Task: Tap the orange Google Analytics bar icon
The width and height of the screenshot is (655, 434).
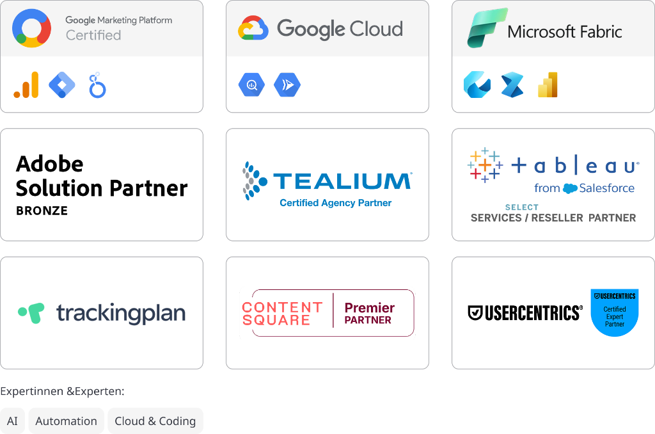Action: click(x=26, y=85)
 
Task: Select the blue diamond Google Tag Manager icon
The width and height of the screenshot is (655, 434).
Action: click(x=62, y=85)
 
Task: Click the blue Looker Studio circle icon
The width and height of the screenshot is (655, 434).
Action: click(x=97, y=85)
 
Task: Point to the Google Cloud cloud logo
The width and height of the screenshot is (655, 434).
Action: click(x=253, y=29)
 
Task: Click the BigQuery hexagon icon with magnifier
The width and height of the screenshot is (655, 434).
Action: click(x=251, y=85)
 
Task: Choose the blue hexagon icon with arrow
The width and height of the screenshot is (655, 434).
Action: click(x=287, y=85)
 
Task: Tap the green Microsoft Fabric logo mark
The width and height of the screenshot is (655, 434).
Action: click(x=487, y=28)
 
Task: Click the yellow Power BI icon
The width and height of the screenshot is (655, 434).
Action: click(x=548, y=84)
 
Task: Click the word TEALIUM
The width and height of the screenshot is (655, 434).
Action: click(x=342, y=181)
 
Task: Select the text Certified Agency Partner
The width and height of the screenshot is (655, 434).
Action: click(x=335, y=204)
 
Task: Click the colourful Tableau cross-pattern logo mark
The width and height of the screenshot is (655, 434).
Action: click(x=485, y=165)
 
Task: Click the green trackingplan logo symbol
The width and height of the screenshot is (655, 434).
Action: click(x=31, y=311)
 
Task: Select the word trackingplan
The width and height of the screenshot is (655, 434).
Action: click(x=121, y=313)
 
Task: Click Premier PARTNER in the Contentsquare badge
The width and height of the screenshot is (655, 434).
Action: click(x=369, y=313)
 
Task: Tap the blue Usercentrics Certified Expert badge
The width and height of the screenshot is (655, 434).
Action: click(x=615, y=312)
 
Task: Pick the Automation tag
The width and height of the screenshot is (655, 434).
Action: click(x=67, y=421)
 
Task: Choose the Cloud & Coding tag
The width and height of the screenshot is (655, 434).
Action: click(x=155, y=421)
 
